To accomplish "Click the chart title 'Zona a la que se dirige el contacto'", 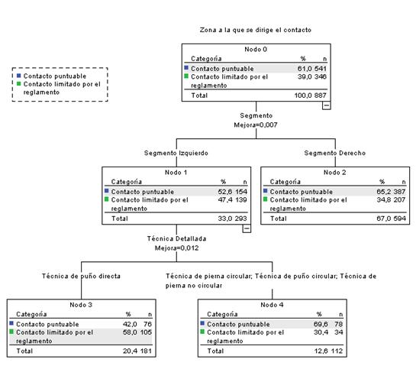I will [255, 30].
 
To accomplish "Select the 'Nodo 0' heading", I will [255, 49].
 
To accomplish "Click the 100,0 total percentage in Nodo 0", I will [304, 96].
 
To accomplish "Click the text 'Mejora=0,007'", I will [256, 123].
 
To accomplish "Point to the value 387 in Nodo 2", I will [398, 191].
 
